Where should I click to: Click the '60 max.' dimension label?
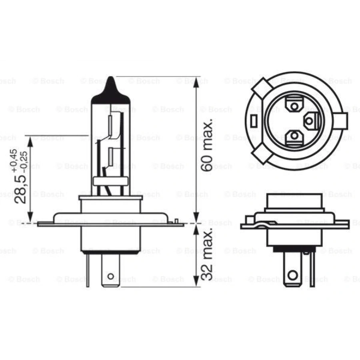tap(207, 145)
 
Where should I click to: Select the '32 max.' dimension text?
tap(207, 255)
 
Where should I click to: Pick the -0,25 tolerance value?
tap(24, 159)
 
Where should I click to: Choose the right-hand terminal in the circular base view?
tap(311, 120)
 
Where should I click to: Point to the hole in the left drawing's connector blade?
tap(110, 276)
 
